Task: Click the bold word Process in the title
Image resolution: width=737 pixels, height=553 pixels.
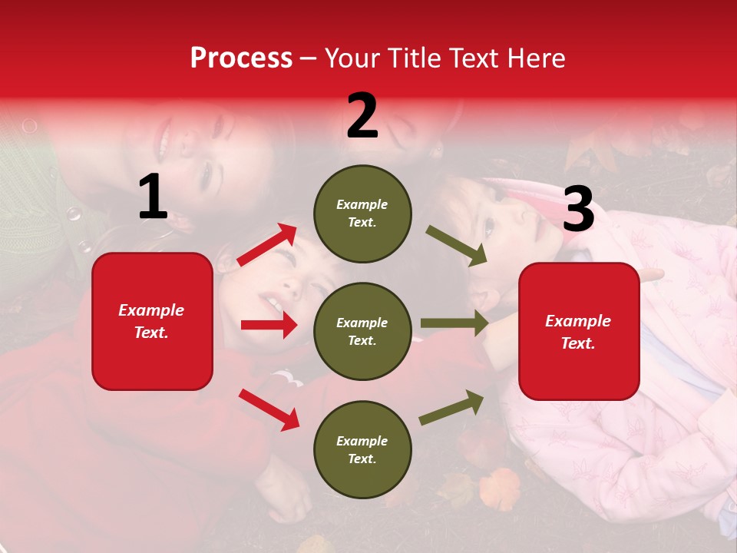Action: tap(241, 58)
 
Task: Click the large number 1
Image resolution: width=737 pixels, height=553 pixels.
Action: tap(153, 197)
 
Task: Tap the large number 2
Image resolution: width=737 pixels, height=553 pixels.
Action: tap(362, 116)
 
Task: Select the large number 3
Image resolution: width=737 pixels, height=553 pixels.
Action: tap(578, 210)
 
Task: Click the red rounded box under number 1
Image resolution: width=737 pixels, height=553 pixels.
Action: tap(152, 321)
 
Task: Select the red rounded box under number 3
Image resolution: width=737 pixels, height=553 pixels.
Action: tap(579, 332)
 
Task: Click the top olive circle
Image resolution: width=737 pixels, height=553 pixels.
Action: tap(362, 214)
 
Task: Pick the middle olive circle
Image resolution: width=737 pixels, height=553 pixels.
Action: tap(362, 331)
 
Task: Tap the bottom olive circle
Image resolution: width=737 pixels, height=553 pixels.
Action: tap(362, 449)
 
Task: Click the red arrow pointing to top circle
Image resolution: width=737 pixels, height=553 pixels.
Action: tap(267, 245)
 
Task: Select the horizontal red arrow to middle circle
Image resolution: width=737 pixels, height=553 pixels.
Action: tap(269, 325)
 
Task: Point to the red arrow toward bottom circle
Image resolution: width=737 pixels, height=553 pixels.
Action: tap(269, 409)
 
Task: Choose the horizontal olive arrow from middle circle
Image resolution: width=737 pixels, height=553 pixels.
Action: tap(454, 323)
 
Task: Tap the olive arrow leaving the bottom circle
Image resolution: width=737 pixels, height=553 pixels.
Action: tap(451, 408)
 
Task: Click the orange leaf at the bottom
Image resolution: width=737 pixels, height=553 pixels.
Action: tap(499, 488)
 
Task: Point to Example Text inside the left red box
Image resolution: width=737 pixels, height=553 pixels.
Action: tap(152, 321)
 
